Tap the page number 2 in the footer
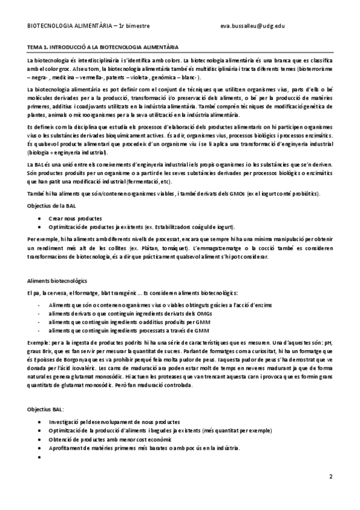(x=330, y=476)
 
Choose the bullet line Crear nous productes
(x=75, y=218)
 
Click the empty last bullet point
(x=39, y=456)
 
